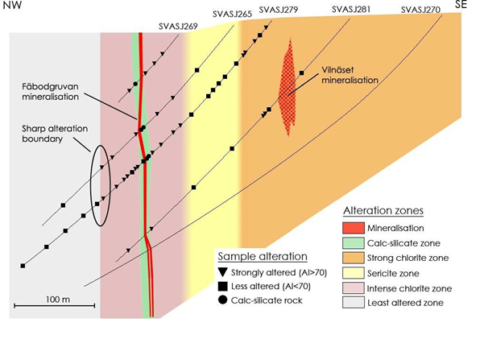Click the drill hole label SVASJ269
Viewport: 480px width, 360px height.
point(178,27)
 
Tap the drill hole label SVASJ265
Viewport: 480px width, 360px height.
point(232,14)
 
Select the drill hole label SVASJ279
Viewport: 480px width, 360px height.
point(279,10)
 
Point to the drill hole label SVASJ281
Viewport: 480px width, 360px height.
point(351,10)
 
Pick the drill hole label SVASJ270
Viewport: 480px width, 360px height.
point(420,10)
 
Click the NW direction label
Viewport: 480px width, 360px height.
point(12,5)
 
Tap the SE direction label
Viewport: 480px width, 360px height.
point(461,4)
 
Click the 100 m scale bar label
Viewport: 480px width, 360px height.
point(58,299)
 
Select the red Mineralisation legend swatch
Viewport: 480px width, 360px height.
point(354,228)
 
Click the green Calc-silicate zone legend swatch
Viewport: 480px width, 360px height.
point(354,243)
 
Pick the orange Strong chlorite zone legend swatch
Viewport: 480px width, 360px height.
point(354,258)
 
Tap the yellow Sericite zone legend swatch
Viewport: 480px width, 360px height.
point(354,273)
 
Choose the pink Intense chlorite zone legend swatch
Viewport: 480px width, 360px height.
point(354,288)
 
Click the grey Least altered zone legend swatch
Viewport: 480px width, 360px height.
point(354,303)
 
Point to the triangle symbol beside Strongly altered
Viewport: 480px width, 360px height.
point(222,272)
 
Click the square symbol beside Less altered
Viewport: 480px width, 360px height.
point(222,287)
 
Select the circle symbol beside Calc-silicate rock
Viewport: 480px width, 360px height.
point(222,300)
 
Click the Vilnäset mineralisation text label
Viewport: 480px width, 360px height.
point(350,75)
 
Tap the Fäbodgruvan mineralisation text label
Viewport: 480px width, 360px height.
point(51,92)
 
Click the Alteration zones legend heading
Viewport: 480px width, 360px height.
point(383,211)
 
